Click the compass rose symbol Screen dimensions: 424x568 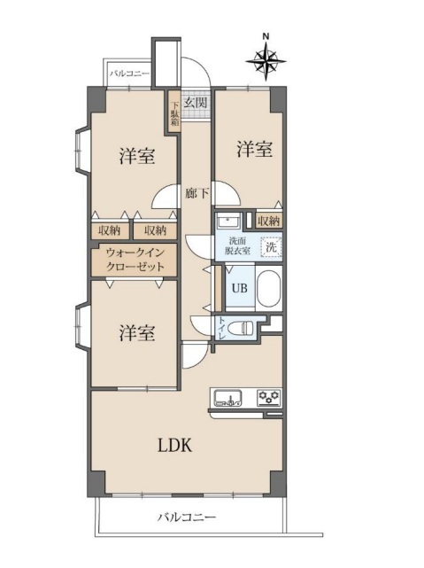point(266,61)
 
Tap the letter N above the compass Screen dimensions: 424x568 point(266,36)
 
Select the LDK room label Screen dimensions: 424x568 point(174,445)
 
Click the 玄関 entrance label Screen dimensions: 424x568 point(196,103)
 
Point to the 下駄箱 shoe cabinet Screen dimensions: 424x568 point(174,113)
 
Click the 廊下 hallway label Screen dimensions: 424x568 point(197,193)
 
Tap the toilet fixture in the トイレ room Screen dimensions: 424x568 point(245,329)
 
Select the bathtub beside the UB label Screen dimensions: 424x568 point(269,289)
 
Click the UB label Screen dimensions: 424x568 point(240,288)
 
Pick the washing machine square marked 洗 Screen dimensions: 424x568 point(272,248)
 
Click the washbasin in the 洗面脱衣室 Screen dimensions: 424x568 point(228,221)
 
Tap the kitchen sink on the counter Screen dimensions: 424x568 point(228,398)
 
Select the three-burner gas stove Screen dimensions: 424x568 point(269,398)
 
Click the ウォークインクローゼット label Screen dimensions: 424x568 point(135,261)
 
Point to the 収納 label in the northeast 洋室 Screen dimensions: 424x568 point(269,221)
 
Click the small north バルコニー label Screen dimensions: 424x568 point(129,74)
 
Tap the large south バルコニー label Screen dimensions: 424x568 point(187,517)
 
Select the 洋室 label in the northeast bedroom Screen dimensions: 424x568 point(255,149)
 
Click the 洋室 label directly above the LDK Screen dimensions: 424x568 point(137,333)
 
